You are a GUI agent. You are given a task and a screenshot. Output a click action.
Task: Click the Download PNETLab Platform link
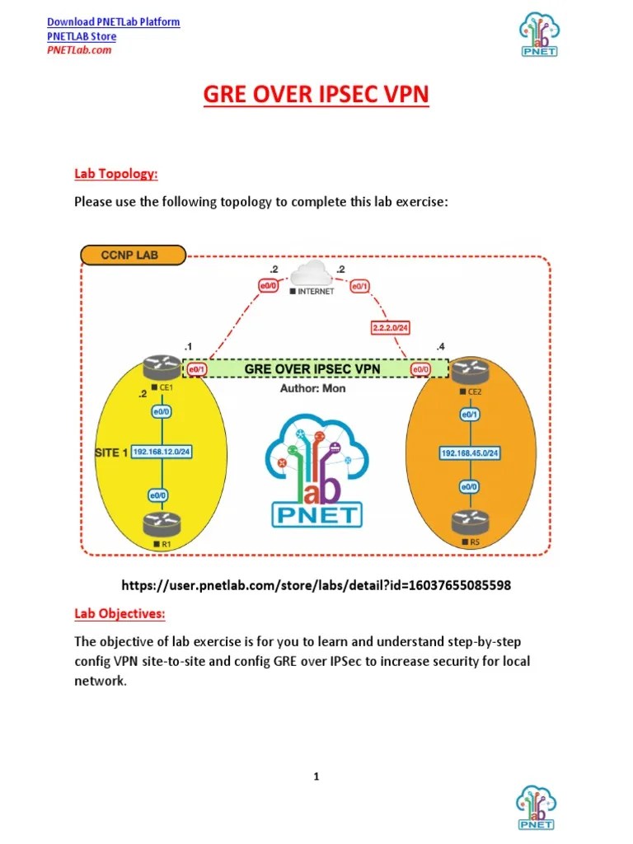[x=113, y=21]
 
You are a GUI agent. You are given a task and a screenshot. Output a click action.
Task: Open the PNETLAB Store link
[x=81, y=36]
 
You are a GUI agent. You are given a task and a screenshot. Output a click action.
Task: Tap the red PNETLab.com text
[x=78, y=49]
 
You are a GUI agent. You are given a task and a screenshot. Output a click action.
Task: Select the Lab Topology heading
[x=115, y=174]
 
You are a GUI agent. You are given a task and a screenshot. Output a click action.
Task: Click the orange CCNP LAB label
[x=132, y=255]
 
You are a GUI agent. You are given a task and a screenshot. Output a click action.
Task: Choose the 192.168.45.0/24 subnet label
[x=471, y=453]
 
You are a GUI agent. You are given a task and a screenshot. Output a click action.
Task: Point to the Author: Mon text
[x=312, y=388]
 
